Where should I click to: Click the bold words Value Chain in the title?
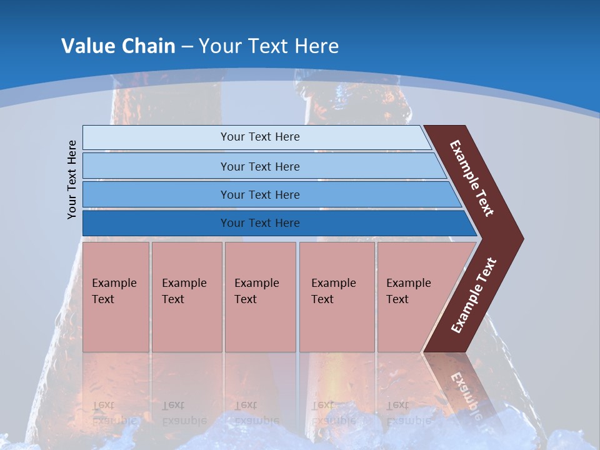(x=118, y=46)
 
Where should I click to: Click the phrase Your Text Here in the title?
(x=269, y=46)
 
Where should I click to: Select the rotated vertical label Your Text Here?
(x=72, y=179)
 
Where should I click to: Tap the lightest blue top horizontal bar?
(x=259, y=137)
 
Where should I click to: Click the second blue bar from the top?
(x=259, y=166)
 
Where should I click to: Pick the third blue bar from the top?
(x=259, y=194)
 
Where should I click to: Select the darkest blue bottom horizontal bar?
(x=259, y=223)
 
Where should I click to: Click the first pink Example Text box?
(x=116, y=296)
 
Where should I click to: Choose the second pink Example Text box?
(x=186, y=296)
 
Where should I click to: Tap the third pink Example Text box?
(x=259, y=296)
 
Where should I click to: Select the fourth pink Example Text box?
(x=336, y=296)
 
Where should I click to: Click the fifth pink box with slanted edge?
(x=412, y=296)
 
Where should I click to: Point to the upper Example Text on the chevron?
(x=472, y=178)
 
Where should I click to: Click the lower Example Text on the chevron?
(x=474, y=296)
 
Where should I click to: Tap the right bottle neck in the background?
(x=356, y=106)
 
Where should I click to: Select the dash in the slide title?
(x=187, y=46)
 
